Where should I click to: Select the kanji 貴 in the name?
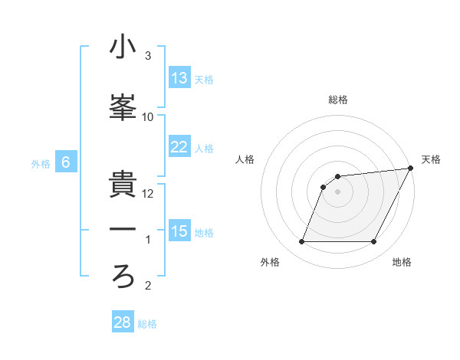[x=123, y=185]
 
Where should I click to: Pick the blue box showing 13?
[x=179, y=78]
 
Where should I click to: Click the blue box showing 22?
[x=179, y=147]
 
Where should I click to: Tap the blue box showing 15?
[x=179, y=231]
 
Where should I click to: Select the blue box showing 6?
[x=66, y=162]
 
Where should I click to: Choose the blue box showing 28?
[x=123, y=322]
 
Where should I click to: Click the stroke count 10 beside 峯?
[x=148, y=117]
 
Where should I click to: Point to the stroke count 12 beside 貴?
[x=148, y=194]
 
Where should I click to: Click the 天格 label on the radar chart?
[x=431, y=159]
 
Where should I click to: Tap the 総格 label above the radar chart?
[x=338, y=100]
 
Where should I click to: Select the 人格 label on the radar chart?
[x=245, y=159]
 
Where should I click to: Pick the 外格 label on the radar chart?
[x=270, y=263]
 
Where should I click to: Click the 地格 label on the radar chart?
[x=402, y=263]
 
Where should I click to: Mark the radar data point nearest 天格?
[x=411, y=168]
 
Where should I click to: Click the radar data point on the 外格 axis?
[x=301, y=242]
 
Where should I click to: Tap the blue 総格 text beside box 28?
[x=147, y=324]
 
